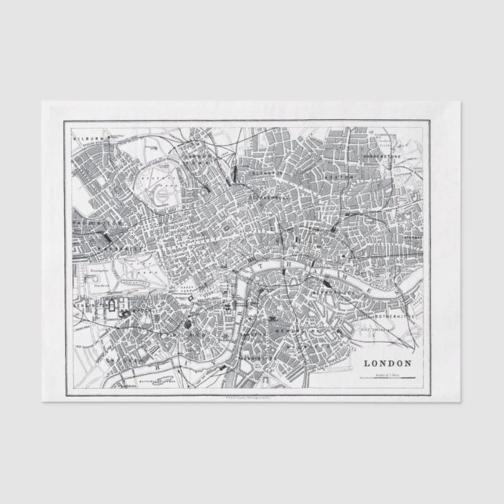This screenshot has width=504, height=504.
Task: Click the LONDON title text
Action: coord(387,363)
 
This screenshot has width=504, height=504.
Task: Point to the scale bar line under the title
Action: coord(387,379)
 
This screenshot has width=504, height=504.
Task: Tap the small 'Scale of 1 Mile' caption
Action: coord(387,373)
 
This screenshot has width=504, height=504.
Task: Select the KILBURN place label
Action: coord(88,138)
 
